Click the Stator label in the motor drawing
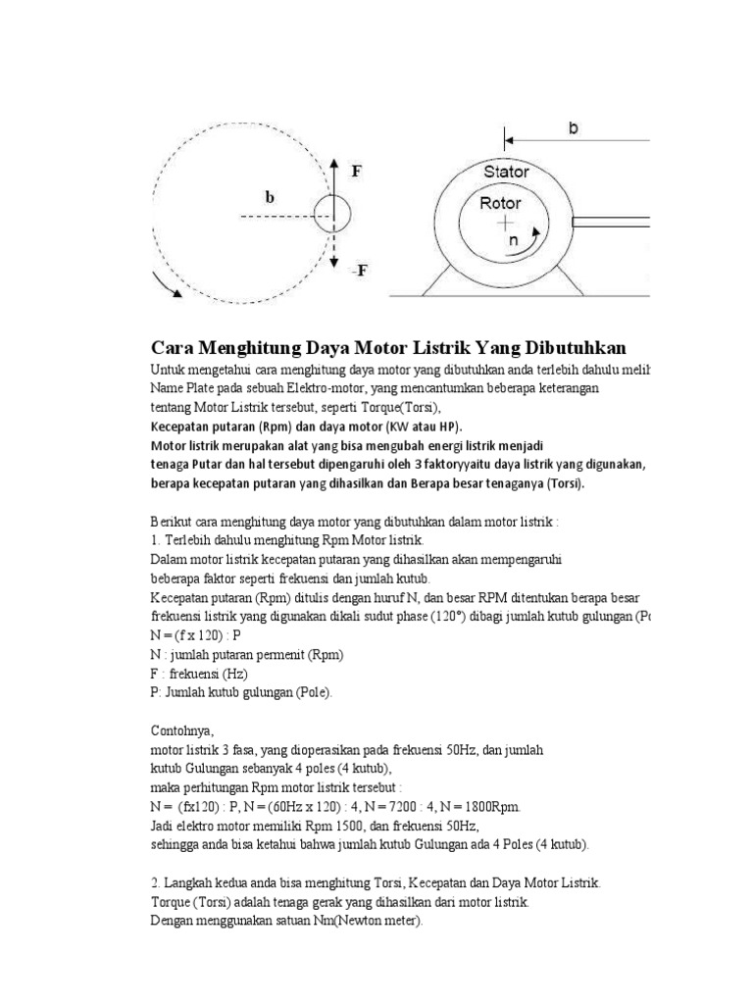pos(506,172)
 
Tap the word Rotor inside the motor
pos(500,204)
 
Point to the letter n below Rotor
pos(510,239)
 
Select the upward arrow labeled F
pos(334,176)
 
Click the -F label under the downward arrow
pos(359,271)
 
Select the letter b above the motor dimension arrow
pos(573,126)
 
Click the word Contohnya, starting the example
pos(179,730)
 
